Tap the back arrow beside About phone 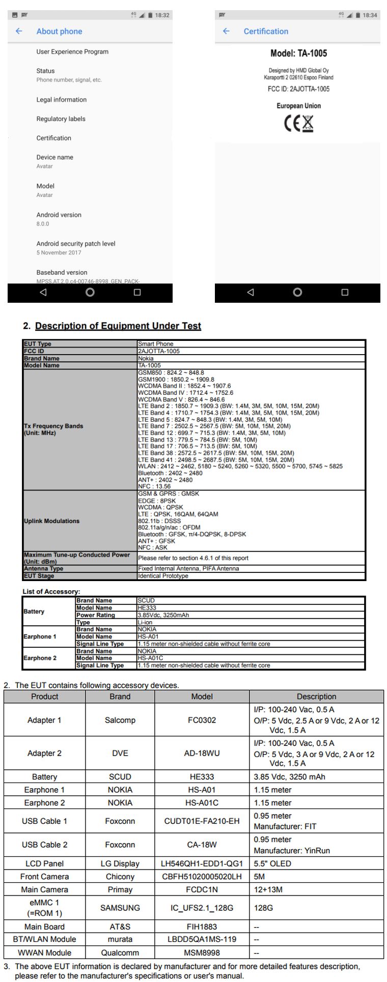pyautogui.click(x=19, y=31)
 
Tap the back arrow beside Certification pyautogui.click(x=226, y=31)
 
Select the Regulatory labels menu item pyautogui.click(x=61, y=119)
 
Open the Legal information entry pyautogui.click(x=61, y=100)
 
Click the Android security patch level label pyautogui.click(x=76, y=244)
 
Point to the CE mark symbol pyautogui.click(x=292, y=124)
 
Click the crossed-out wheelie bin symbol pyautogui.click(x=307, y=124)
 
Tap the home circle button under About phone pyautogui.click(x=90, y=292)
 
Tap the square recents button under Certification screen pyautogui.click(x=345, y=292)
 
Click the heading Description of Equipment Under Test pyautogui.click(x=118, y=326)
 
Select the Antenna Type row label pyautogui.click(x=44, y=568)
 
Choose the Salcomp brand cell pyautogui.click(x=120, y=720)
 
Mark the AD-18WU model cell pyautogui.click(x=202, y=753)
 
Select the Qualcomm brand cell pyautogui.click(x=120, y=952)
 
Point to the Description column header pyautogui.click(x=316, y=697)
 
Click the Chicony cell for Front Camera pyautogui.click(x=120, y=877)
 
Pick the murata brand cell pyautogui.click(x=120, y=939)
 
